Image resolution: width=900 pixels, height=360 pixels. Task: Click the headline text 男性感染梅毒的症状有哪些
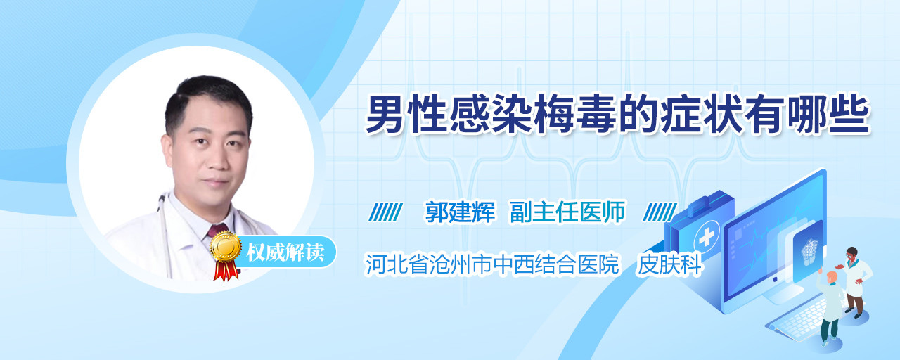click(x=617, y=115)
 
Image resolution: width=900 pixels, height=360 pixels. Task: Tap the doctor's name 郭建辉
click(x=460, y=212)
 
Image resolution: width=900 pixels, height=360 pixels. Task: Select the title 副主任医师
click(x=567, y=212)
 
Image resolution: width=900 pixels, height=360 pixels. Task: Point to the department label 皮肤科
click(x=669, y=264)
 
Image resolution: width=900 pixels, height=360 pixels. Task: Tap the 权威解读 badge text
click(x=285, y=252)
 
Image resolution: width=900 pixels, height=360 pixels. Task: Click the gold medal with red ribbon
click(x=226, y=256)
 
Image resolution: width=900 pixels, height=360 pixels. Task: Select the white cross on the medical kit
click(x=706, y=238)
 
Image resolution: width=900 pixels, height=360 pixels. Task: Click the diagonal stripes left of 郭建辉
click(x=386, y=212)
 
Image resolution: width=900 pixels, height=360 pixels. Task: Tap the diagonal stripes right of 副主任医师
click(x=660, y=212)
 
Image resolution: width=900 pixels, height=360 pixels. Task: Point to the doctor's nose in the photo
click(x=217, y=160)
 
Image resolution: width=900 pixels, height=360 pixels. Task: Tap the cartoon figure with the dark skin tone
click(x=856, y=282)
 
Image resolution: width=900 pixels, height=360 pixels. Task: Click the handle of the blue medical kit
click(x=710, y=200)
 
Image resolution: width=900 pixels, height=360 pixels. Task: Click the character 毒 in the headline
click(x=596, y=115)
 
